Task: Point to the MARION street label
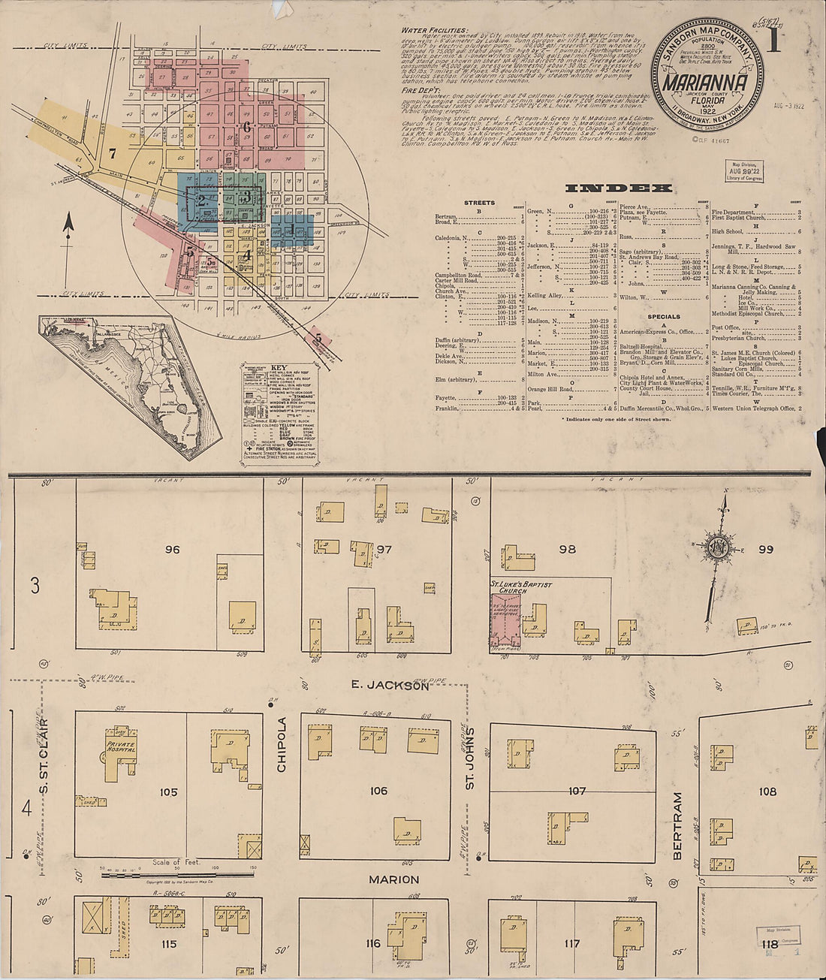tap(393, 879)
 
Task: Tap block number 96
tap(172, 550)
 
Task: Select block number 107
tap(577, 791)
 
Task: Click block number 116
tap(373, 943)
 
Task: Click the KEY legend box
tap(268, 409)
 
